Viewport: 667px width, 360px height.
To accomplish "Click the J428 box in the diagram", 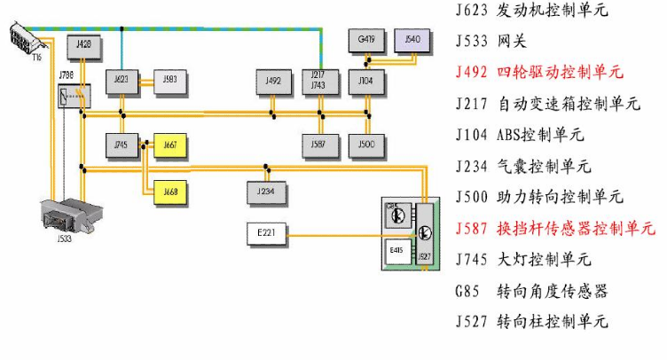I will [x=84, y=44].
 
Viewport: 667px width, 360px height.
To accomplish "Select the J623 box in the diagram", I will [x=122, y=81].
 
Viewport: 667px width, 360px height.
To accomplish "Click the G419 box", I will [x=366, y=40].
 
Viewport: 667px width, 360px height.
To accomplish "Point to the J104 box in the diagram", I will [x=366, y=81].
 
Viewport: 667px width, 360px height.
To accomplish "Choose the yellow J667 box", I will [x=170, y=144].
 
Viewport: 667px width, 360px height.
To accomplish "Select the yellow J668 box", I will [x=170, y=190].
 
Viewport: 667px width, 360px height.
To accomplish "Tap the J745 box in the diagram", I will [x=122, y=144].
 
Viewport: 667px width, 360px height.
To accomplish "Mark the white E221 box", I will [x=265, y=234].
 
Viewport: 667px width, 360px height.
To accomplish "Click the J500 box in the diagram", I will [x=366, y=144].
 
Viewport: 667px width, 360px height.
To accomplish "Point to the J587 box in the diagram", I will [x=318, y=144].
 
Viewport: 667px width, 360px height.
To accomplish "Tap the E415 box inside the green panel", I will [x=396, y=254].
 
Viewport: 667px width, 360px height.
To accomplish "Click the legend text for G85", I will [x=531, y=291].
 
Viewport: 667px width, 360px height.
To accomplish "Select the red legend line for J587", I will [x=554, y=228].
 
